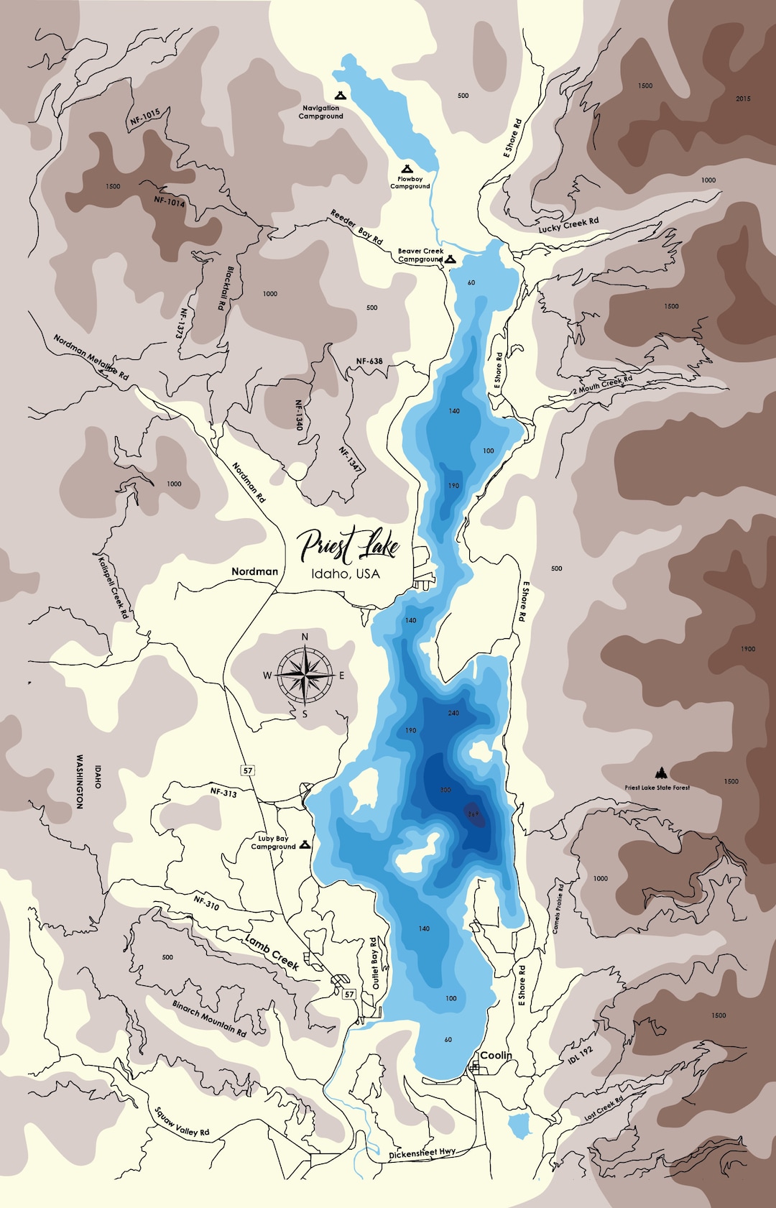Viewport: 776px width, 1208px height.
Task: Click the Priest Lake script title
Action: tap(348, 546)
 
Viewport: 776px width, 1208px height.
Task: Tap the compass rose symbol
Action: tap(305, 675)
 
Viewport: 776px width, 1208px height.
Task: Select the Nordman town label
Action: tap(254, 571)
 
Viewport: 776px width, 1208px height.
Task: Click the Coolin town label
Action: tap(496, 1055)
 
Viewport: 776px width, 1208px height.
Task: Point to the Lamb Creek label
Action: tap(272, 951)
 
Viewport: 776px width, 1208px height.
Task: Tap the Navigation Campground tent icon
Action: tap(341, 95)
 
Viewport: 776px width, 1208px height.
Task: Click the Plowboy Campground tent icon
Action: tap(409, 168)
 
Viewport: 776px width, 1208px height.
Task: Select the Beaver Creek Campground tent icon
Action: tap(451, 259)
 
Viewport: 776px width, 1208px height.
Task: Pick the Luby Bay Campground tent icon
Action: tap(305, 844)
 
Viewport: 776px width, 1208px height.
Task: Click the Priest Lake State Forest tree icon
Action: tap(660, 773)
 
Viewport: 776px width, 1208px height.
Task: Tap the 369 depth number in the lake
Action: tap(473, 814)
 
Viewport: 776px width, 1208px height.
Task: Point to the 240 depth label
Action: tap(453, 713)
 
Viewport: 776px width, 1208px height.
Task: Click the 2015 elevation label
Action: tap(743, 98)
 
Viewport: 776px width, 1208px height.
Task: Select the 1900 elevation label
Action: tap(748, 649)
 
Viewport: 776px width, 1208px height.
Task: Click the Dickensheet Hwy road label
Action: tap(422, 1154)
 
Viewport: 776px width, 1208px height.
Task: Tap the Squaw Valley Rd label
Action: tap(182, 1122)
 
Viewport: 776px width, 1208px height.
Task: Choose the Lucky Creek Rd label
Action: tap(568, 225)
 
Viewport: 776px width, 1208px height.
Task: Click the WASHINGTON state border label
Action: tap(80, 782)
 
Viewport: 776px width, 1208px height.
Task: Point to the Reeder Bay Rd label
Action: tap(356, 226)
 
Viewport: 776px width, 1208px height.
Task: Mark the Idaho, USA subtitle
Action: tap(346, 574)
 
